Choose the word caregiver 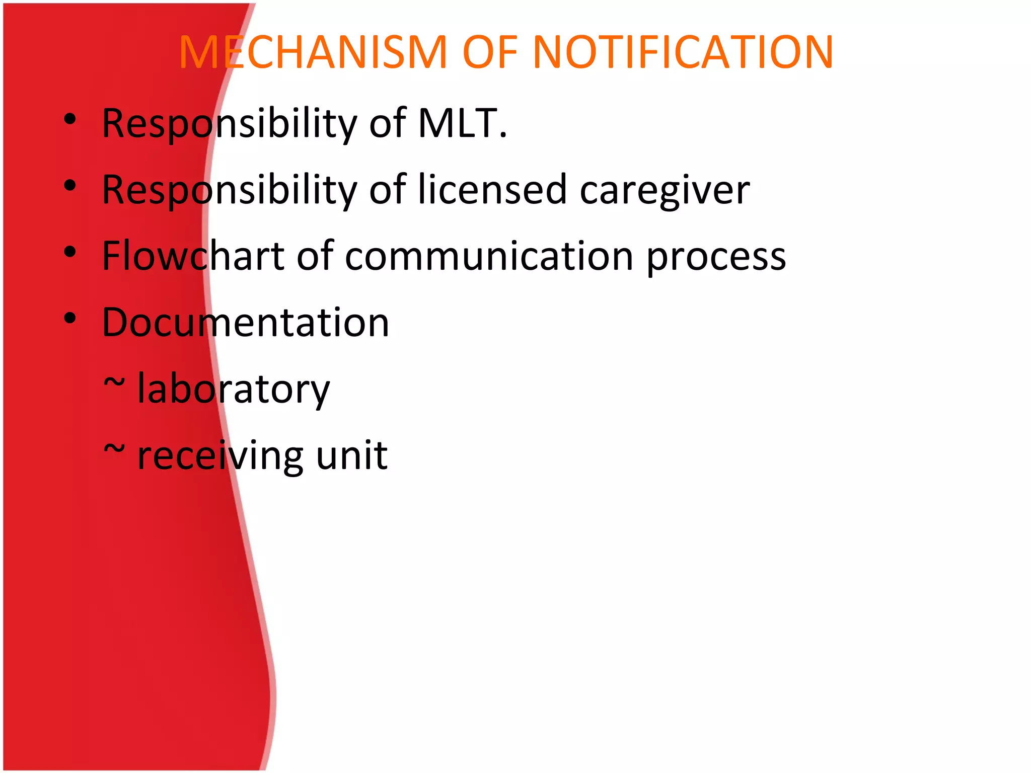[x=665, y=191]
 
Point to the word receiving [x=220, y=456]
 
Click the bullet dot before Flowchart [x=70, y=251]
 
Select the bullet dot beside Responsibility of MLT [x=70, y=119]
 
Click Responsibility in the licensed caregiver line [x=229, y=191]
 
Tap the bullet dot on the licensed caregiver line [x=70, y=186]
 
